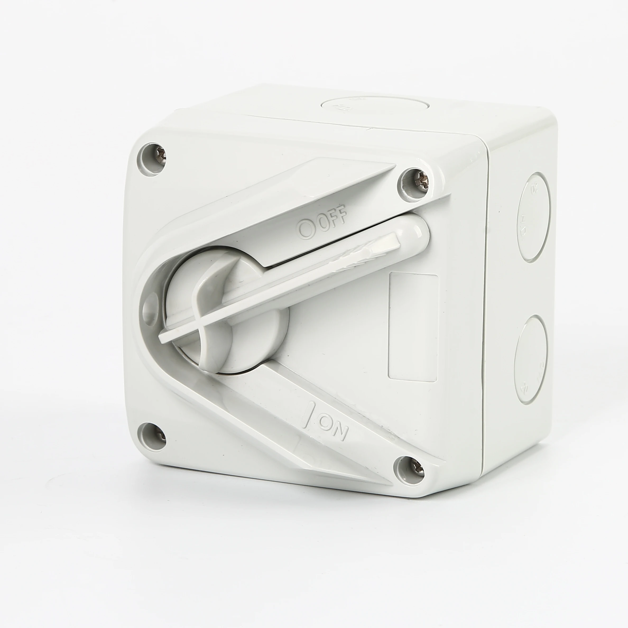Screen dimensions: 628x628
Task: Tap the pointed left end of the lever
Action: (163, 338)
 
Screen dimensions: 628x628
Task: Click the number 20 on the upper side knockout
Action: (533, 189)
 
